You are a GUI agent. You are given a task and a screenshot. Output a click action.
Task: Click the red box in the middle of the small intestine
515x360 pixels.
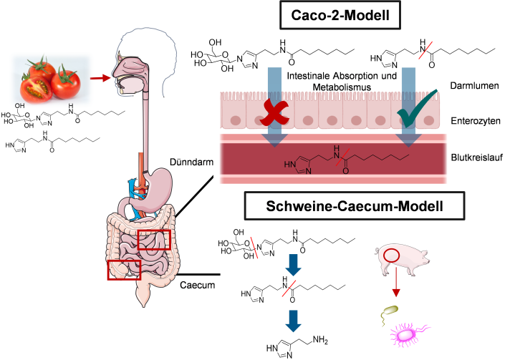click(x=154, y=240)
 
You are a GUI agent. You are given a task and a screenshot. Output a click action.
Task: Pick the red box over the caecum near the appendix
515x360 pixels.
click(x=124, y=270)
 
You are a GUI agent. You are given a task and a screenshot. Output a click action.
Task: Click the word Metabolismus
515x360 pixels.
click(x=339, y=87)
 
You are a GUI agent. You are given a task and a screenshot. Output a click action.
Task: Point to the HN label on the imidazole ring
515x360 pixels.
click(x=291, y=164)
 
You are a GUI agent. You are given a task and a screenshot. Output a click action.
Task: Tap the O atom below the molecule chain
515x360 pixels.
click(x=345, y=172)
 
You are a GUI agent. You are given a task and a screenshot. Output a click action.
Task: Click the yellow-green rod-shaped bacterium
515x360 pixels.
click(x=390, y=311)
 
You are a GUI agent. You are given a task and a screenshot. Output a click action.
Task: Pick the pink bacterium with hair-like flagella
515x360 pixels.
click(x=406, y=334)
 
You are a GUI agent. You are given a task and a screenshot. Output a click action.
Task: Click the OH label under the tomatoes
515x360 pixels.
click(x=19, y=105)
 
